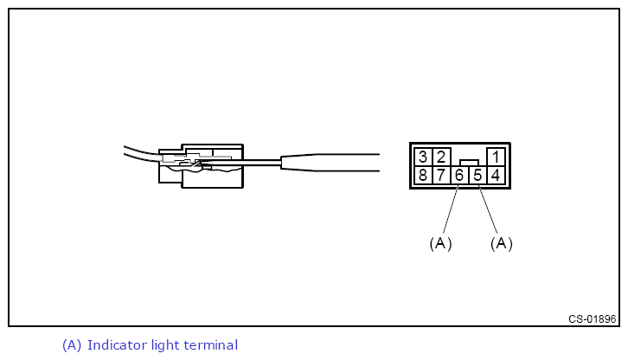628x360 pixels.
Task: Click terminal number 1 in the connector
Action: [496, 157]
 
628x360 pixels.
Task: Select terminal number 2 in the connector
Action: [440, 157]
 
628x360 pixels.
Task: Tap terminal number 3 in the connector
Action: [422, 157]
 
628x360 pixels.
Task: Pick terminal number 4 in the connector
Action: [496, 176]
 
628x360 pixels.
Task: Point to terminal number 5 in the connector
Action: [477, 176]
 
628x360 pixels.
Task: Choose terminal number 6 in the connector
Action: [459, 176]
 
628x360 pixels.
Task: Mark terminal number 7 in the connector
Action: [440, 176]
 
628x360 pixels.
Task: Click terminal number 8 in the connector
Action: [422, 176]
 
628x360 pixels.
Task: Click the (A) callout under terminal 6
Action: [440, 243]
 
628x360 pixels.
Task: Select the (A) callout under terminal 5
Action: [501, 243]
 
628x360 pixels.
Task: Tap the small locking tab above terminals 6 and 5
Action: [469, 162]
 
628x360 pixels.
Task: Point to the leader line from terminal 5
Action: [489, 208]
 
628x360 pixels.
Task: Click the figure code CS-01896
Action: [593, 318]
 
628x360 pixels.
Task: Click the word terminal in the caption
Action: [210, 345]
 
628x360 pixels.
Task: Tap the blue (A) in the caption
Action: [72, 345]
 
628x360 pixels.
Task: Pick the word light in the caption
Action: [166, 345]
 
